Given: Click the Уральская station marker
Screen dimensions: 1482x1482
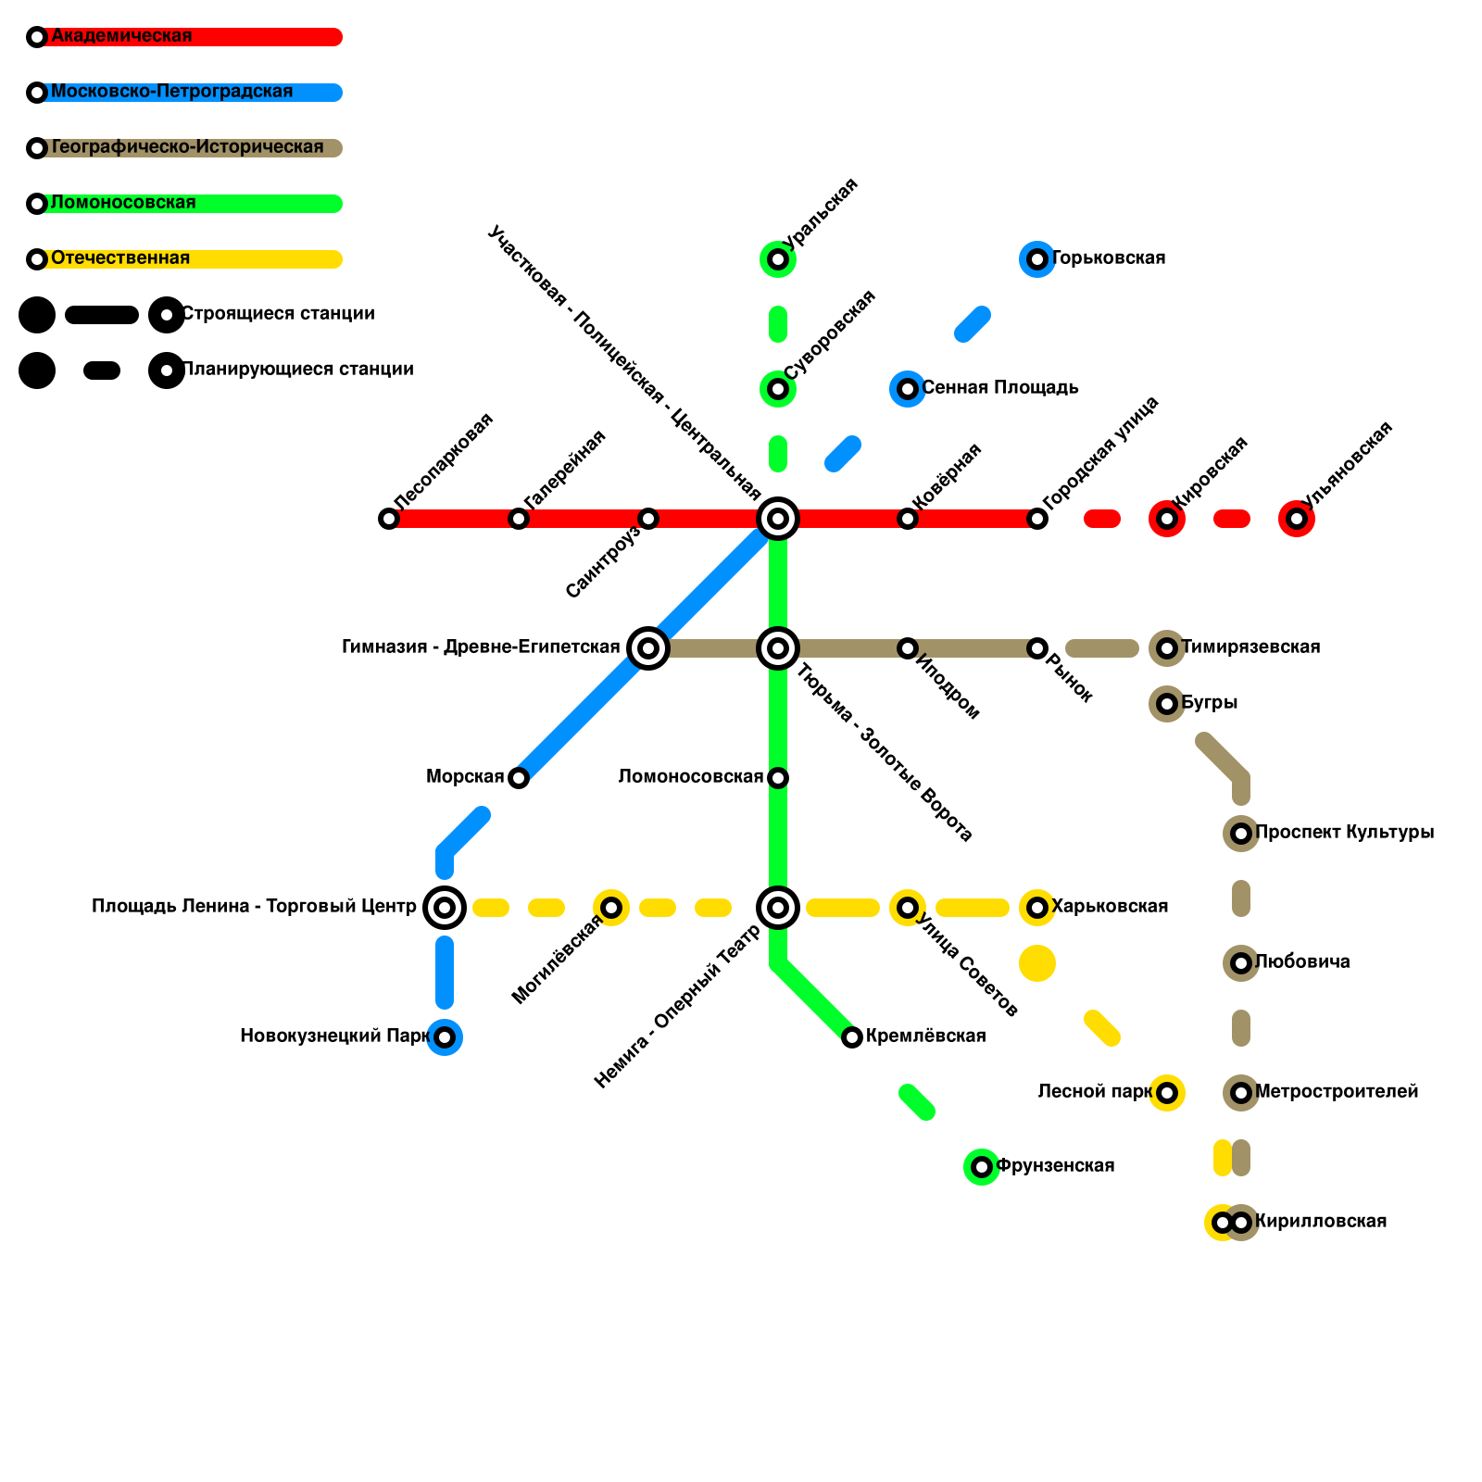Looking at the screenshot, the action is coord(778,259).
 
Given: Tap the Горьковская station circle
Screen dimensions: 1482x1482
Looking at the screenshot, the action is coord(1037,259).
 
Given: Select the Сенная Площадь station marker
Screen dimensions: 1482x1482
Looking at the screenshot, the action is coord(908,389).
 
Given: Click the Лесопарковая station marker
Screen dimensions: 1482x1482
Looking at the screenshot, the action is coord(389,519).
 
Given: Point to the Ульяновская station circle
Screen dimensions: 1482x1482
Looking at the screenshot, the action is coord(1297,519).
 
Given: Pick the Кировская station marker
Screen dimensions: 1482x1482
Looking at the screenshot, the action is coord(1167,519).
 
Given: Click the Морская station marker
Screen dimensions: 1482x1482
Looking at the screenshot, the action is coord(519,778).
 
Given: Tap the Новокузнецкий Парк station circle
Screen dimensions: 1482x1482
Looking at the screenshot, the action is coord(445,1037).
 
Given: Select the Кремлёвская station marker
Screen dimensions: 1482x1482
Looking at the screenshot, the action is coord(852,1037).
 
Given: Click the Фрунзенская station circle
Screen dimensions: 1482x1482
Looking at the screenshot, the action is coord(982,1167).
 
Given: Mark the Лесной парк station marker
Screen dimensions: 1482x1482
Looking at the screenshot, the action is coord(1167,1093).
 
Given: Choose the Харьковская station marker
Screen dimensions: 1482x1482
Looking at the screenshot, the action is coord(1037,908).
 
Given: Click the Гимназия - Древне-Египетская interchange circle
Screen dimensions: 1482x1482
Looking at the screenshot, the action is coord(648,648).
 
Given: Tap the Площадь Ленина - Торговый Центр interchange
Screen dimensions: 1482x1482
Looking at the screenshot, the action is coord(445,908).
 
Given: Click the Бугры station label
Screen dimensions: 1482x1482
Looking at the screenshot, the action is coord(1209,703).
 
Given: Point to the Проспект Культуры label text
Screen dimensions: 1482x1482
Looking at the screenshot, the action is coord(1344,833).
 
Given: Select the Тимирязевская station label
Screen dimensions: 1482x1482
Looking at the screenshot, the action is coord(1250,647).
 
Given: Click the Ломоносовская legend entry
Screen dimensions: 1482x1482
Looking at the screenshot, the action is coord(123,203).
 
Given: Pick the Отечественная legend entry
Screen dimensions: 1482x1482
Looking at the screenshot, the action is coord(120,258).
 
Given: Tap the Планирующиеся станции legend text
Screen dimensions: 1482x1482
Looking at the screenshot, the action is coord(297,370).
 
